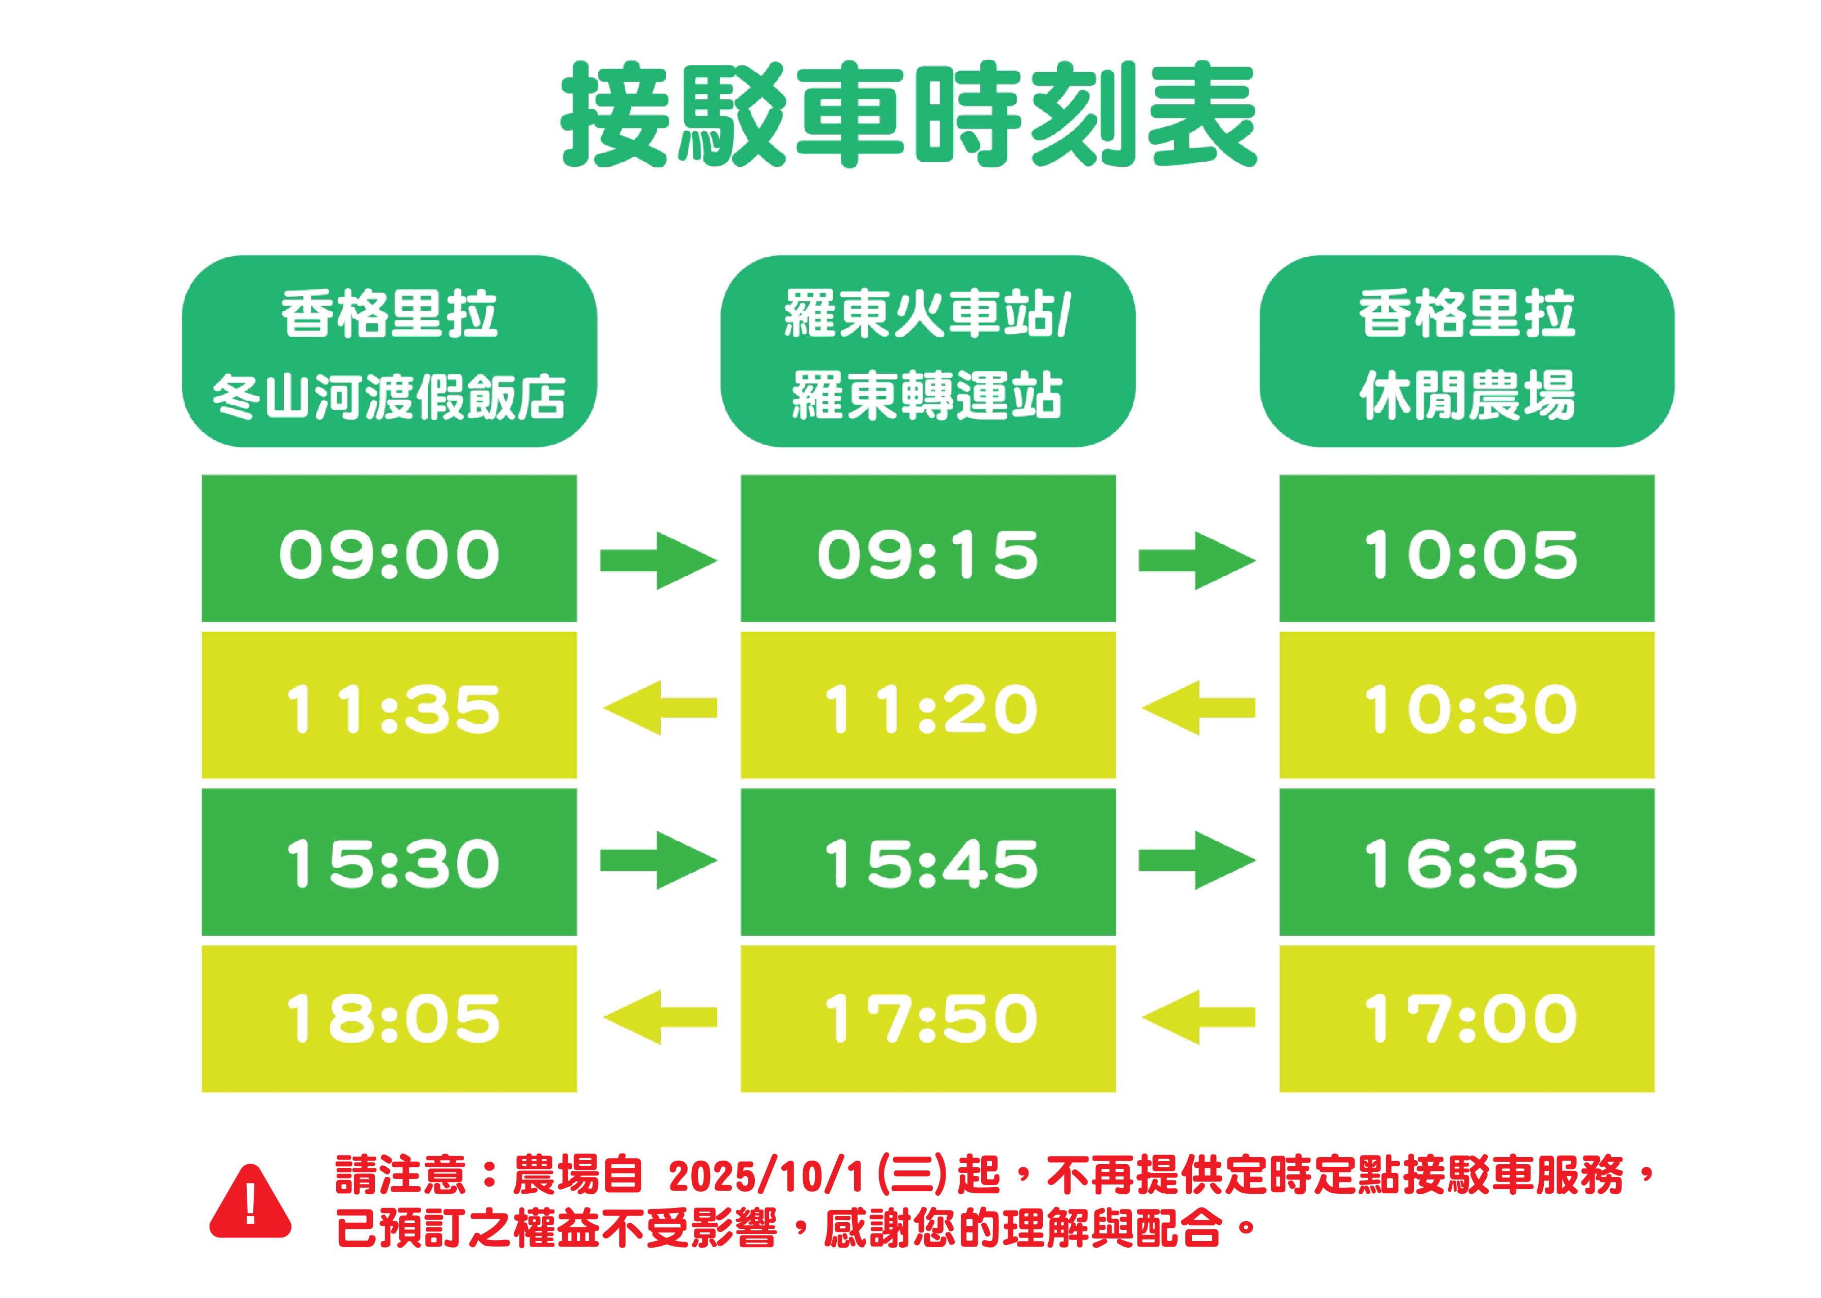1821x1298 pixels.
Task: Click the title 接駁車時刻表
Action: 909,114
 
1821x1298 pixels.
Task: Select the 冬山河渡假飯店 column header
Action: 389,351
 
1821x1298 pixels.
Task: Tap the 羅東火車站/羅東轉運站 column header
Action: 928,351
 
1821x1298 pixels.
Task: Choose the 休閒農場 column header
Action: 1467,351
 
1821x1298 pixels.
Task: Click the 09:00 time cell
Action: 389,548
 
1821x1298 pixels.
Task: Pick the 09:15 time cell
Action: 928,548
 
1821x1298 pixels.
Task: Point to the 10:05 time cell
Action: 1467,548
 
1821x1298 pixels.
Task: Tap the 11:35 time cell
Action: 389,705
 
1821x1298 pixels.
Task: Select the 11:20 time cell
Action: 928,705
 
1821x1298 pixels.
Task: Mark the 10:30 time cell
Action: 1467,705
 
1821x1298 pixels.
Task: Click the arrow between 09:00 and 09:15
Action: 659,560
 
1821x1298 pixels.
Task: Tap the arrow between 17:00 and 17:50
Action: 1198,1017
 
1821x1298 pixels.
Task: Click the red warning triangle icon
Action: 250,1201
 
